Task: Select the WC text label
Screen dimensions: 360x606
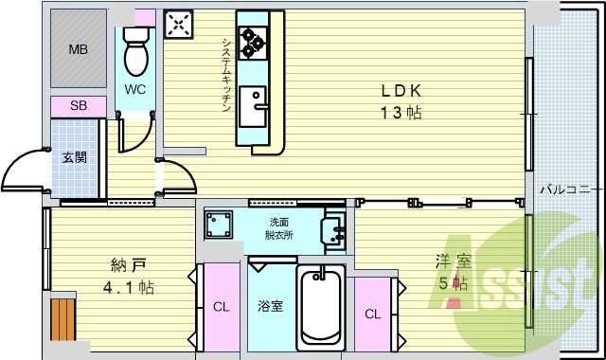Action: pos(135,91)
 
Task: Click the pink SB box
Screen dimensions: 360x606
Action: pos(79,106)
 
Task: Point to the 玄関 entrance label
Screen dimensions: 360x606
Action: pos(75,157)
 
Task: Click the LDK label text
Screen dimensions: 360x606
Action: pos(401,92)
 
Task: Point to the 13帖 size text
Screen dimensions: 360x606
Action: pos(401,113)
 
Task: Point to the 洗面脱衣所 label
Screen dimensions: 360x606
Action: pos(279,226)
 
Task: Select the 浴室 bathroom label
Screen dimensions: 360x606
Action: pos(271,306)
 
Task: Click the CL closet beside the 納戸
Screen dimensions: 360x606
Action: pos(220,306)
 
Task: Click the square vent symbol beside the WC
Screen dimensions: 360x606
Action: pos(179,26)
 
